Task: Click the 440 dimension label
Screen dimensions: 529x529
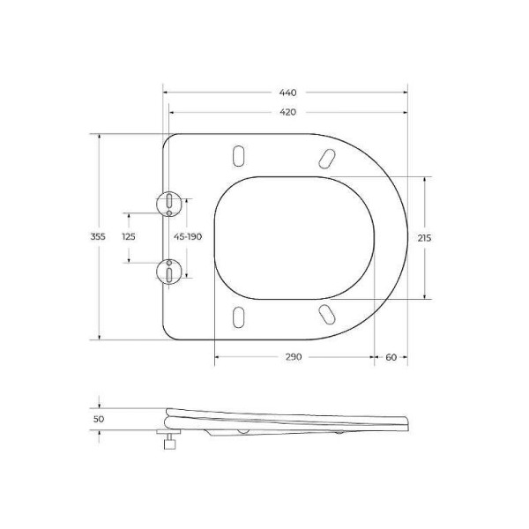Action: pos(288,93)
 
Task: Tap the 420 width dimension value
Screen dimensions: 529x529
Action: pos(288,112)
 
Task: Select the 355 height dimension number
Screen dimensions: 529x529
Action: pos(98,236)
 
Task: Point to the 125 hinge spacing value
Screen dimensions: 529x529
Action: pos(129,236)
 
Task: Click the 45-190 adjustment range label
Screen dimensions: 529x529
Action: pos(188,236)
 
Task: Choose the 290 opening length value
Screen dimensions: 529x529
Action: pos(294,357)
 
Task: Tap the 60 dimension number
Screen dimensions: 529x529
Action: pos(391,357)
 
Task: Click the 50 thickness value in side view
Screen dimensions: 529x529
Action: pos(99,419)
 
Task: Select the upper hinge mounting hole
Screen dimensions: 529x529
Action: pos(167,203)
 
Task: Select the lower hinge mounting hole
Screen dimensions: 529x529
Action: pos(167,271)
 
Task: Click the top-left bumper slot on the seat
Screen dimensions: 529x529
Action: pos(236,154)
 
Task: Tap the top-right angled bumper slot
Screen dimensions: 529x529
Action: pos(325,156)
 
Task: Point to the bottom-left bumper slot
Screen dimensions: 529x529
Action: pos(236,317)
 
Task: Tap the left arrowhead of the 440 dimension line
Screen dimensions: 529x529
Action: pos(167,93)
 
